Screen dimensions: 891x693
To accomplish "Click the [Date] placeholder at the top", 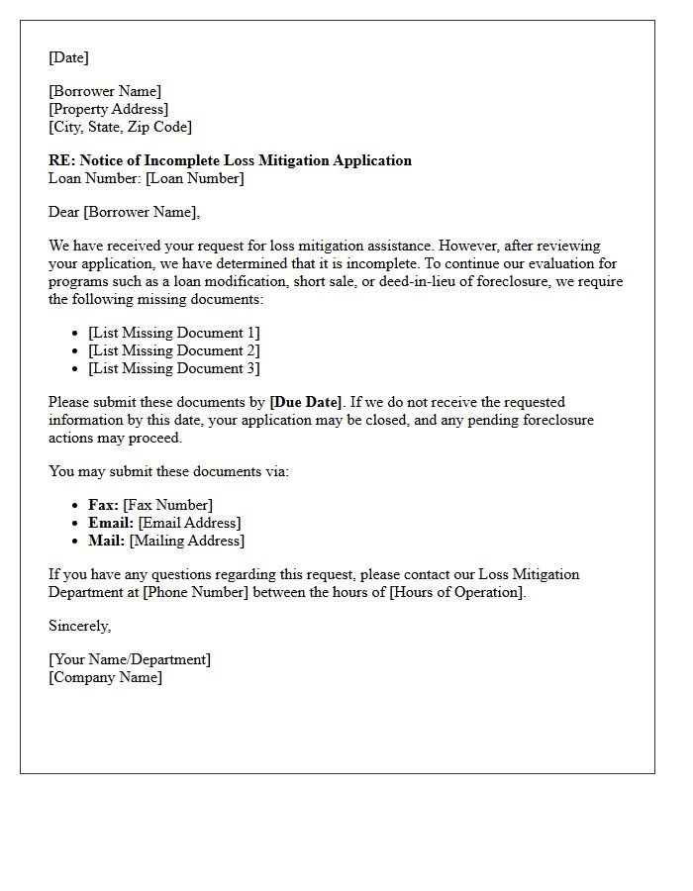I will (x=68, y=57).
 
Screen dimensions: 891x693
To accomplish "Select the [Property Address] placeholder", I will (x=108, y=109).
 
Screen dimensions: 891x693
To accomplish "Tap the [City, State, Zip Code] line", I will (x=120, y=127).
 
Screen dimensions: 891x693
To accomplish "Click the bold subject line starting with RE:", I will (x=230, y=160).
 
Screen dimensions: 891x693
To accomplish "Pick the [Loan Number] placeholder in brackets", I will (x=194, y=178).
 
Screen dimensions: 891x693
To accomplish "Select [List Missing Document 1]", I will (x=173, y=333).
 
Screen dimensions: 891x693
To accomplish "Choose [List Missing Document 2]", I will (x=173, y=350).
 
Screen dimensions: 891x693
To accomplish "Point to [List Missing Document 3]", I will (x=173, y=368).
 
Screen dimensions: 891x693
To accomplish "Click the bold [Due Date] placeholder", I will (x=306, y=402).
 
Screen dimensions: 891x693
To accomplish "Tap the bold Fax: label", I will (x=103, y=505).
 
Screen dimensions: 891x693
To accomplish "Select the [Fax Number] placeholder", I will (x=167, y=505).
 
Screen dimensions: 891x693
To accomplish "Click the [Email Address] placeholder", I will (x=189, y=523).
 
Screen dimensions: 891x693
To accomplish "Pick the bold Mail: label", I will (x=106, y=541).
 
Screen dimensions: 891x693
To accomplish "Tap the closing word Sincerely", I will (x=79, y=626).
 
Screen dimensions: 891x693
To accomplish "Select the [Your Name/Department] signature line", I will (x=130, y=659).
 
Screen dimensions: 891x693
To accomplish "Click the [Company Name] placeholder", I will (x=105, y=677).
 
